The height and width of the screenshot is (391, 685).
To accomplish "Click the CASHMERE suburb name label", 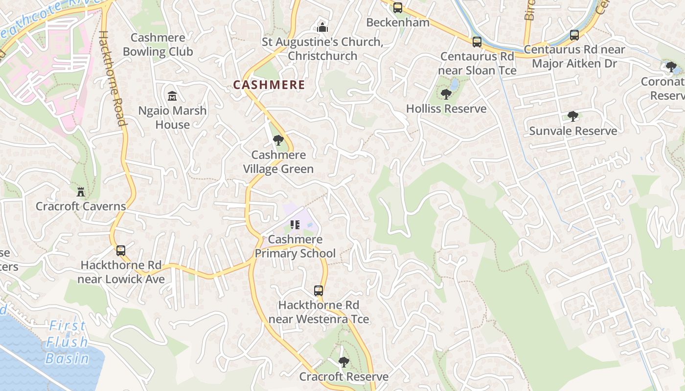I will [x=269, y=85].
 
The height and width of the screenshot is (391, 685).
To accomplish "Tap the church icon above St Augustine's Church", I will [x=322, y=27].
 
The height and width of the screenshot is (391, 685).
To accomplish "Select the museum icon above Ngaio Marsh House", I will [x=172, y=96].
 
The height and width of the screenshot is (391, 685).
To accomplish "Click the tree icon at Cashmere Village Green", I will [x=278, y=141].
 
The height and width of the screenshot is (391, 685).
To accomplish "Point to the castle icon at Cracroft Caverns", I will [x=81, y=192].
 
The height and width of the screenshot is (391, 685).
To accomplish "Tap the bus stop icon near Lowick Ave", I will [x=120, y=251].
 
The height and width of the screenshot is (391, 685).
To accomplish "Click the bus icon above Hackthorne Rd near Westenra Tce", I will [x=319, y=291].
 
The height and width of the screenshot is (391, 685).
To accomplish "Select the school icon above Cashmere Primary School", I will [x=295, y=225].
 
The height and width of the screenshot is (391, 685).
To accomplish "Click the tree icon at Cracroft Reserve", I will [x=344, y=362].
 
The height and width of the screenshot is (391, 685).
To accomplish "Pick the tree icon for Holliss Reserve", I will [x=446, y=94].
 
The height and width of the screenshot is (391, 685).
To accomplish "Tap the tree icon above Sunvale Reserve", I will [x=572, y=116].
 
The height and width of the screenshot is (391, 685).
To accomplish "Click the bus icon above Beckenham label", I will [x=398, y=8].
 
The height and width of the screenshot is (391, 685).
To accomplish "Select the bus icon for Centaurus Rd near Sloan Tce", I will [x=477, y=42].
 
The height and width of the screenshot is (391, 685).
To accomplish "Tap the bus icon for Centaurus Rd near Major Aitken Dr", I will [x=574, y=35].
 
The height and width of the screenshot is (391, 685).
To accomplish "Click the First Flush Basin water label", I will [x=68, y=342].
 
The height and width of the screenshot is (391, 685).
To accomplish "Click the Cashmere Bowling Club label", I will [x=158, y=44].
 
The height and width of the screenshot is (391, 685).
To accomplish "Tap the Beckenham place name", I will [x=398, y=22].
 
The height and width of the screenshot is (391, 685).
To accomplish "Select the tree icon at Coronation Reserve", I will [x=671, y=66].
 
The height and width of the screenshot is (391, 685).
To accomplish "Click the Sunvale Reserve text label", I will [x=573, y=131].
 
